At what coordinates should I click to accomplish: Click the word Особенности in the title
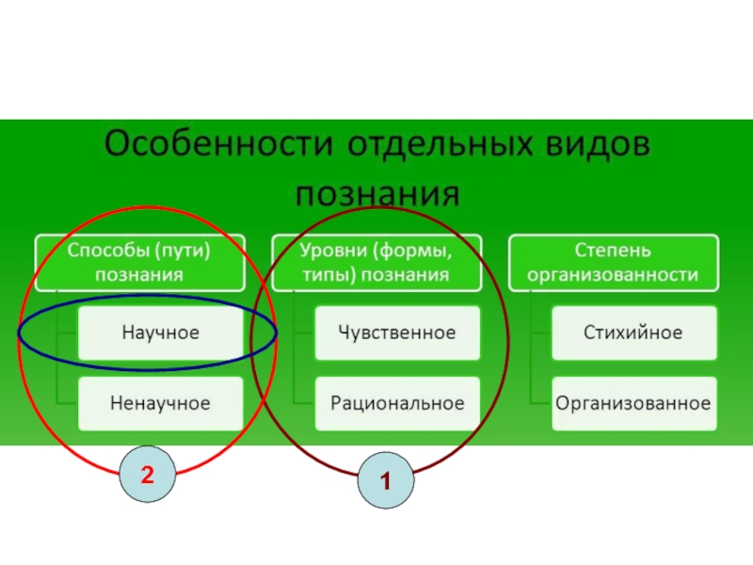click(x=218, y=143)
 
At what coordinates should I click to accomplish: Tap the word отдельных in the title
click(x=440, y=143)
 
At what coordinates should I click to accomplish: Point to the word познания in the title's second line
click(x=377, y=194)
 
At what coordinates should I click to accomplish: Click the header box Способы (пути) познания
click(x=140, y=263)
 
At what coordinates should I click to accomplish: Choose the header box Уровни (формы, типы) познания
click(x=376, y=263)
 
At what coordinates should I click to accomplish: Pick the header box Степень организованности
click(x=614, y=263)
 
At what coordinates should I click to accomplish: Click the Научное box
click(x=160, y=333)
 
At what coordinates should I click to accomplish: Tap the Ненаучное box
click(x=160, y=404)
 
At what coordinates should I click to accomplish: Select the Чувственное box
click(x=397, y=333)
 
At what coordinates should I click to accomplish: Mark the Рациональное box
click(x=397, y=404)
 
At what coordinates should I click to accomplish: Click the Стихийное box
click(x=633, y=333)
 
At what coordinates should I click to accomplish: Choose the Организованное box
click(x=633, y=404)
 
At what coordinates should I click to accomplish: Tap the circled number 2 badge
click(x=148, y=475)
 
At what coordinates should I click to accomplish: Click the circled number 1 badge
click(x=386, y=480)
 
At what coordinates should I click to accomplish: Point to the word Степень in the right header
click(x=613, y=250)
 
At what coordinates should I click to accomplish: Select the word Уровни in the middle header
click(x=331, y=250)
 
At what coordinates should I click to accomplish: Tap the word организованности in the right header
click(x=613, y=275)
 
